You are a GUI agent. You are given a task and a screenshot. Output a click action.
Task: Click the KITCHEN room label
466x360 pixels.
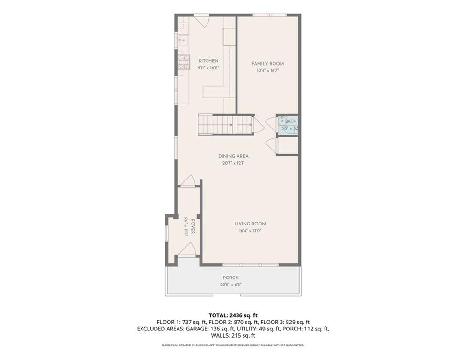coord(208,61)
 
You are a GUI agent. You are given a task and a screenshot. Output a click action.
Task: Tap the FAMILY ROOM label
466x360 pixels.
coord(268,64)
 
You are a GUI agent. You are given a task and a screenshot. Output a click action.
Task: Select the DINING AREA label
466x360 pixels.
coord(233,156)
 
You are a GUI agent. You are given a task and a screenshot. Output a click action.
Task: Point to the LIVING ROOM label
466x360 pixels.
coord(250,224)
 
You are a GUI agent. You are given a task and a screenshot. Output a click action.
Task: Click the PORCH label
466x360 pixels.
coord(231,277)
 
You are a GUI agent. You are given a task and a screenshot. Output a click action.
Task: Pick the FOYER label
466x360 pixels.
coord(193,227)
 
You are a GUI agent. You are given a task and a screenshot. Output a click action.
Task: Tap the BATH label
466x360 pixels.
coord(291,121)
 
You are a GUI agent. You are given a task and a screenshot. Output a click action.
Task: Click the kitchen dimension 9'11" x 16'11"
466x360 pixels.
coord(208,68)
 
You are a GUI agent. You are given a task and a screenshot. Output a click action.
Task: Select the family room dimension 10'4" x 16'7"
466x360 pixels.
coord(268,71)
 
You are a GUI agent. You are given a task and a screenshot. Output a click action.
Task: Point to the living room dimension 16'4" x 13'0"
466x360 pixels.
coord(250,231)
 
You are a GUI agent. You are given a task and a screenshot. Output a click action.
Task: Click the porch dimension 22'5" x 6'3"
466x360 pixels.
coord(231,285)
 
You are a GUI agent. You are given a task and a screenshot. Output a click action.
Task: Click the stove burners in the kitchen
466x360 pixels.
coord(184,62)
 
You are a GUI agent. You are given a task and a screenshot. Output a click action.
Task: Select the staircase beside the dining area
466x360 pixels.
coord(226,125)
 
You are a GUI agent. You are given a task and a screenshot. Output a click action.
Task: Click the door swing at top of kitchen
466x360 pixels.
coord(202,20)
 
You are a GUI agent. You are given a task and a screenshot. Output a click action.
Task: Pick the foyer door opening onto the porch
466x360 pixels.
coord(187,249)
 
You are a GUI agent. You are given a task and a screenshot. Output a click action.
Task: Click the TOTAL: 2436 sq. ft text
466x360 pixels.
coord(233,315)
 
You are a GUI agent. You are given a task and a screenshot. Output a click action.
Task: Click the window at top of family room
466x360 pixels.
coord(270,15)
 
